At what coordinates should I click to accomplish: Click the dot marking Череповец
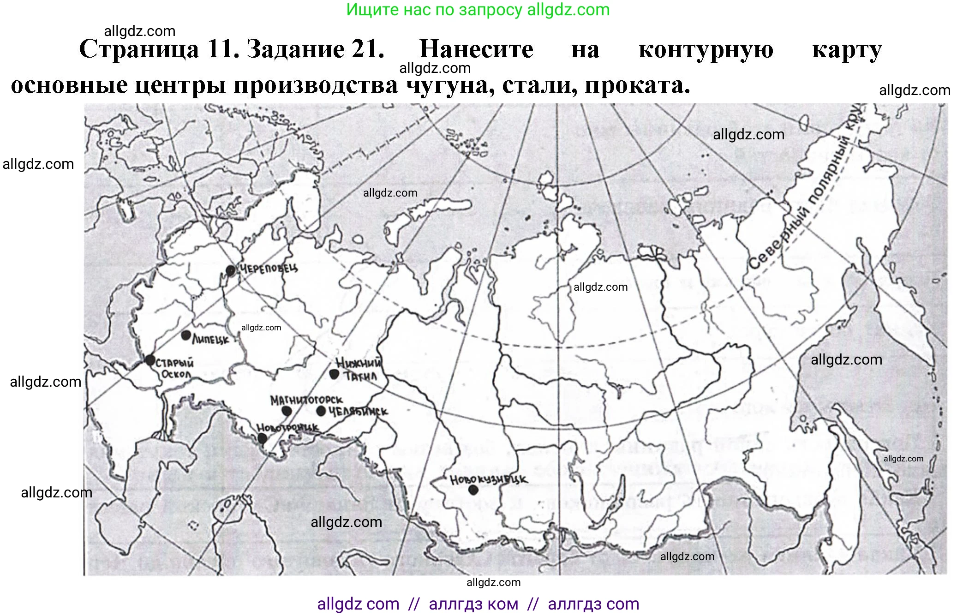pos(231,270)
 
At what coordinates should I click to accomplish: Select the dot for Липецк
pos(186,335)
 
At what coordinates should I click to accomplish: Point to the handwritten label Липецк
pos(210,340)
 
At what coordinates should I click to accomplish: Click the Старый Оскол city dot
pos(150,360)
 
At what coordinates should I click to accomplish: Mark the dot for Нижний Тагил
pos(335,374)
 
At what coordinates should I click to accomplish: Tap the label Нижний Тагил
pos(359,369)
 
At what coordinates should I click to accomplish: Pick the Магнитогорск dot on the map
pos(287,411)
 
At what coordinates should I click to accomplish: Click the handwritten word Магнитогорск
pos(306,400)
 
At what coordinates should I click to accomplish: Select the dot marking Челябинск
pos(321,411)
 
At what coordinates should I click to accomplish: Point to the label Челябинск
pos(358,411)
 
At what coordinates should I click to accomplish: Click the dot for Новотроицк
pos(262,438)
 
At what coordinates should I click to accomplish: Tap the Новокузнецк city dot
pos(473,490)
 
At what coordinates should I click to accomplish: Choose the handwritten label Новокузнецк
pos(488,480)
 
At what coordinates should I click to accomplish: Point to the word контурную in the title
pos(706,50)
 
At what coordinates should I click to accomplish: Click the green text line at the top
pos(478,10)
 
